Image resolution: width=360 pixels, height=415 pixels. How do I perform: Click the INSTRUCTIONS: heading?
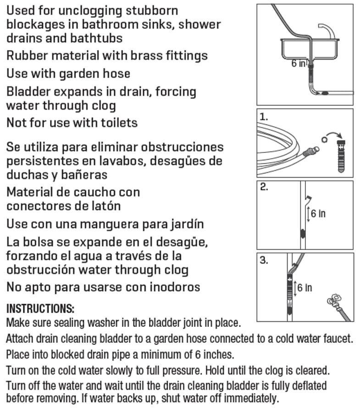coord(40,308)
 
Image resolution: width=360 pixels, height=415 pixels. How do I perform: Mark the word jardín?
coord(183,224)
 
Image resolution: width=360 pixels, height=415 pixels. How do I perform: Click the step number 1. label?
coord(264,117)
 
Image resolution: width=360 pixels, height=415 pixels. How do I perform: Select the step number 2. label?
coord(264,188)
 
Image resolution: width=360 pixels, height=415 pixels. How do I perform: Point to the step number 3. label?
coord(264,260)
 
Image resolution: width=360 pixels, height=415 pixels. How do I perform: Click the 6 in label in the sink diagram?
coord(299,64)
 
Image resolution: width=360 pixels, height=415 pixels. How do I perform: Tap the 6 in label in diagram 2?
coord(318,213)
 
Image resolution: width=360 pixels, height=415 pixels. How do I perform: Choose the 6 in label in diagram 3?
coord(305,288)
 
